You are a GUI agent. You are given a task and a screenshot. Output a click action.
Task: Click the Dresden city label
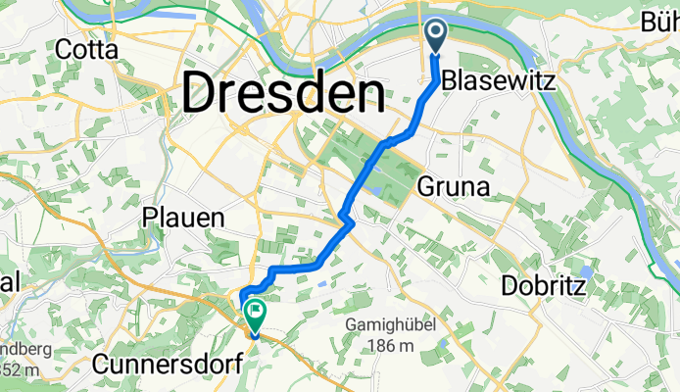(282, 95)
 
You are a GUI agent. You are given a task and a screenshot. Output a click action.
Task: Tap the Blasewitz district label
(499, 83)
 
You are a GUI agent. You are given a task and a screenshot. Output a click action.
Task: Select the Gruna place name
(450, 185)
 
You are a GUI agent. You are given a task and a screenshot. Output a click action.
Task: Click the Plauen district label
(184, 218)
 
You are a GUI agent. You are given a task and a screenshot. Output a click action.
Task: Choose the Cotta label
(87, 49)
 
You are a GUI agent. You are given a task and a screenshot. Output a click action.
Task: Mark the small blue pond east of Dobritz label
(585, 271)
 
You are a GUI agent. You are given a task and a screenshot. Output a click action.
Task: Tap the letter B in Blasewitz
(450, 83)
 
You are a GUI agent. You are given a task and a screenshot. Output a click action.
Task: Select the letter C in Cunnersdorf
(101, 365)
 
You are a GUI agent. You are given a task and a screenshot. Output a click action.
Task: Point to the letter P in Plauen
(150, 218)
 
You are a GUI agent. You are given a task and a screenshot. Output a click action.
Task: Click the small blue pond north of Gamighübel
(323, 284)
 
